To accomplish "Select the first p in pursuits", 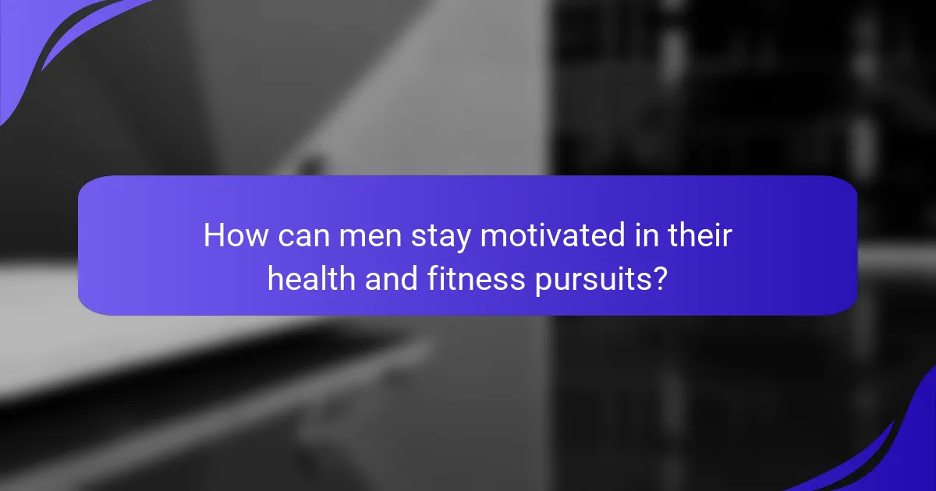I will pyautogui.click(x=541, y=283).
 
